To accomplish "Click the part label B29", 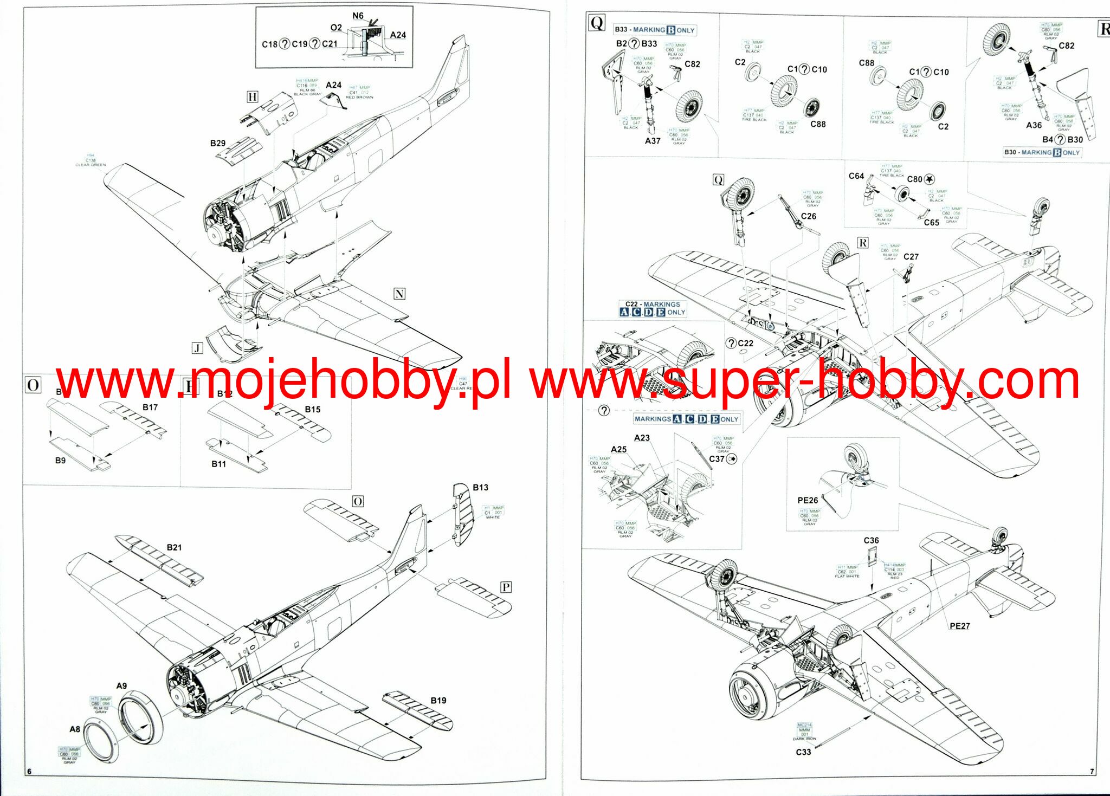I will point(217,143).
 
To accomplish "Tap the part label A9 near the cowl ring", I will point(121,685).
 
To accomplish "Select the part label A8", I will point(75,729).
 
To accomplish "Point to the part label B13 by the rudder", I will point(480,487).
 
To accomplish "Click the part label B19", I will point(438,700).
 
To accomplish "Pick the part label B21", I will point(174,547).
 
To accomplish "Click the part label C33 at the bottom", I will point(803,752).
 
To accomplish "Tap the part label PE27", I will point(959,626).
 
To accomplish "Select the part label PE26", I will point(808,500).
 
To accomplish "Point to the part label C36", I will point(871,540).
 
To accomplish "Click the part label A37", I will point(653,141).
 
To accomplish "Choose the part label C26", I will point(808,216).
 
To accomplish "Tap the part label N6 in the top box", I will point(358,16).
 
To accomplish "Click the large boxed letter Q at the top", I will point(597,23).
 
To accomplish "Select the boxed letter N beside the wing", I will point(399,294).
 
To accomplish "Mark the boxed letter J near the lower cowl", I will point(197,348).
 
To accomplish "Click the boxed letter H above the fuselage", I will point(252,97).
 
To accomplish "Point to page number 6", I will point(29,771).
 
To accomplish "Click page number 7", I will point(1092,771).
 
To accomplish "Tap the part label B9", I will point(60,460).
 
